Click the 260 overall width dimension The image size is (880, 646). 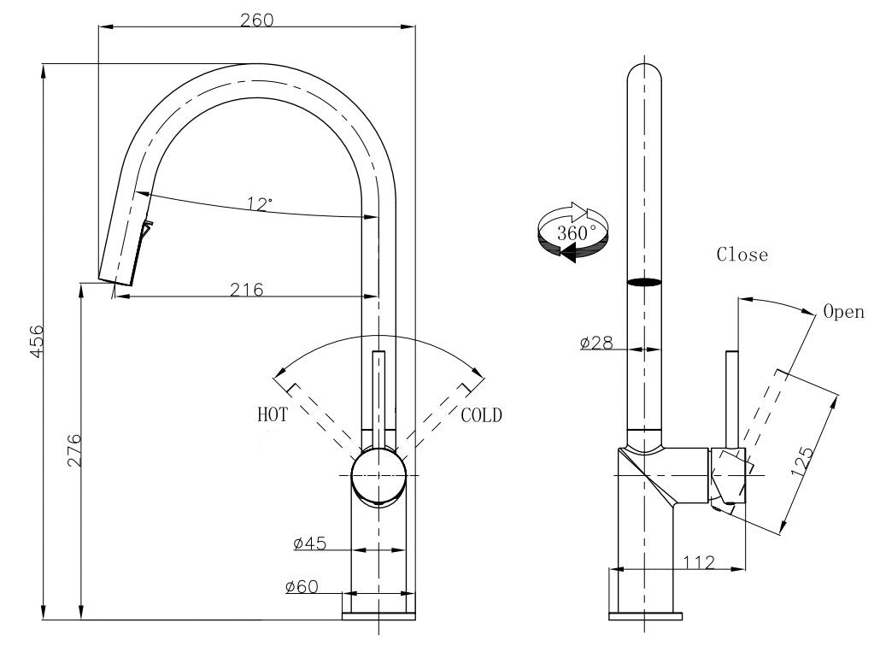click(256, 20)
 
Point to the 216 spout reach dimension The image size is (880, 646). click(246, 289)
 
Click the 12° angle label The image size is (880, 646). click(260, 204)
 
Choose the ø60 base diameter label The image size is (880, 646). click(302, 586)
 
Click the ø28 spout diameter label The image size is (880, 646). click(595, 343)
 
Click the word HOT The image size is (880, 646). click(273, 415)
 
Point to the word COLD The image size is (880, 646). click(482, 415)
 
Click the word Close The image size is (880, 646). click(742, 255)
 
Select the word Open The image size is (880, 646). click(843, 312)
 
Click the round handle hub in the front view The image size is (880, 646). click(377, 475)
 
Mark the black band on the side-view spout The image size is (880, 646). click(645, 281)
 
